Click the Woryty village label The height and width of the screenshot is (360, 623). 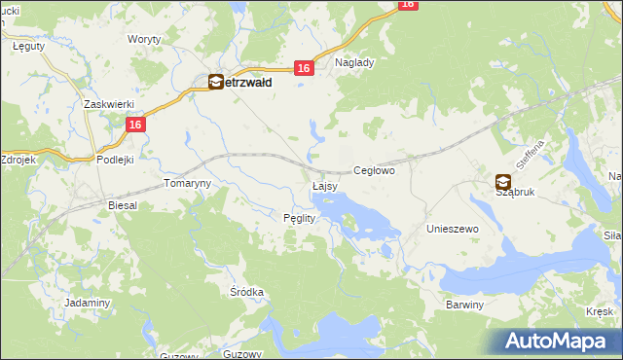click(x=144, y=39)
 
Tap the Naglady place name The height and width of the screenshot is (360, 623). click(x=354, y=62)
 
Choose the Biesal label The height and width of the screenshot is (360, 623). click(x=123, y=206)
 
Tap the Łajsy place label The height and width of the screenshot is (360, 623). click(x=325, y=185)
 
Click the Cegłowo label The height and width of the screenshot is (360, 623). click(x=374, y=170)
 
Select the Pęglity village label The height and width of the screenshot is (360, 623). click(x=299, y=218)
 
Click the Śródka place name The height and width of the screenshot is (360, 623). click(x=247, y=292)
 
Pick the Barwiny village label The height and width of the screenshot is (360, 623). click(x=464, y=305)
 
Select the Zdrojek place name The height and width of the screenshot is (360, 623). click(x=18, y=159)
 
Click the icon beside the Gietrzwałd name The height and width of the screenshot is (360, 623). click(x=215, y=84)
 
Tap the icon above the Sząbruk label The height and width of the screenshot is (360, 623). click(x=502, y=180)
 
